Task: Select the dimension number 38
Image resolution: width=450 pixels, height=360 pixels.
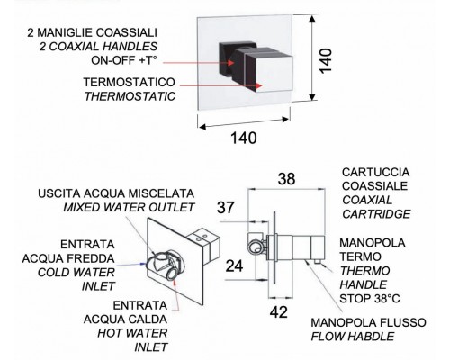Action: point(287,179)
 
